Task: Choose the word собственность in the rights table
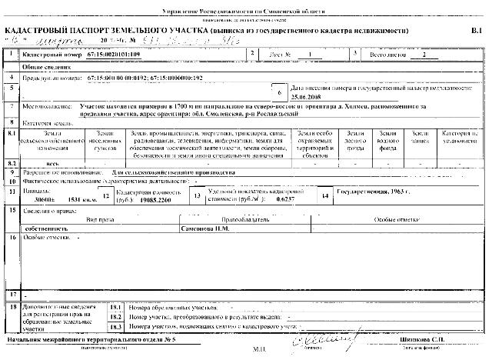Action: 47,228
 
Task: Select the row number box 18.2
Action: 116,316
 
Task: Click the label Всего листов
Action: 387,55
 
